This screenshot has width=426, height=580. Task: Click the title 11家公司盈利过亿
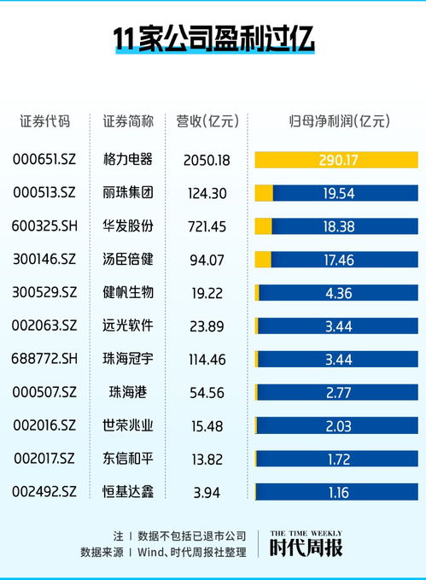coord(213,39)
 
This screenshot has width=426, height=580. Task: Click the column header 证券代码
coord(44,121)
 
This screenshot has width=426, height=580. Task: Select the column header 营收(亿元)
coord(206,121)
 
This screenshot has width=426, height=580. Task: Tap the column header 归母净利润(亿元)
coord(337,121)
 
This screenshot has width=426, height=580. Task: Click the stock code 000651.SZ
coord(44,160)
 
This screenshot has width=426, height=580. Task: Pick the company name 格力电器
coord(127,160)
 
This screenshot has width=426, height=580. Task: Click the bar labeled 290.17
coord(337,160)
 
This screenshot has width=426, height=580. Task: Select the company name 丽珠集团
coord(127,193)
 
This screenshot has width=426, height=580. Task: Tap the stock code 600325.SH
coord(44,226)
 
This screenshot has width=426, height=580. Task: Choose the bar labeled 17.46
coord(337,259)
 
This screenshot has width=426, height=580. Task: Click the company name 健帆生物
coord(127,292)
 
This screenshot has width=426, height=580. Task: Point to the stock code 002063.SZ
coord(44,325)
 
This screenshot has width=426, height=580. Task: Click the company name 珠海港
coord(127,392)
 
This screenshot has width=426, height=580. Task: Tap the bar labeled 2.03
coord(337,425)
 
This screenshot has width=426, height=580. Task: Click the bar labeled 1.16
coord(337,491)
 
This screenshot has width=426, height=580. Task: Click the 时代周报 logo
coord(306,544)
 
